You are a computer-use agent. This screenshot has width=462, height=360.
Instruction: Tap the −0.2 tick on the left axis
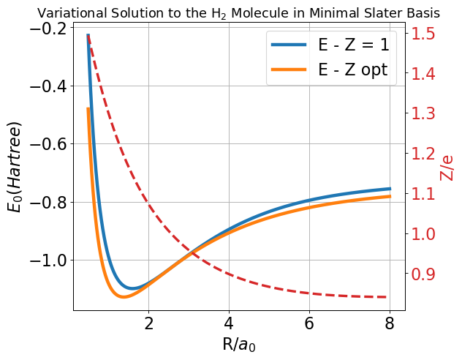coord(46,29)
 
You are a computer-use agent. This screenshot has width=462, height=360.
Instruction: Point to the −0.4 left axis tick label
coord(46,86)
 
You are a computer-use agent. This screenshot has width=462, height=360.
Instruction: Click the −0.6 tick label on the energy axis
coord(46,144)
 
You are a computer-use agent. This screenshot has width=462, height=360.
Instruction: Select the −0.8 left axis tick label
coord(46,202)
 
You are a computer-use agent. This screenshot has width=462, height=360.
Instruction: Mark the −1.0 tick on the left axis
coord(46,260)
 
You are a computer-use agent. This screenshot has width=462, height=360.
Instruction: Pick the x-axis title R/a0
coord(238,344)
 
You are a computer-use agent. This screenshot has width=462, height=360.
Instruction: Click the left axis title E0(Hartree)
coord(15,167)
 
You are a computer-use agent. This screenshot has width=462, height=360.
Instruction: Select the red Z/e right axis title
coord(447,167)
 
